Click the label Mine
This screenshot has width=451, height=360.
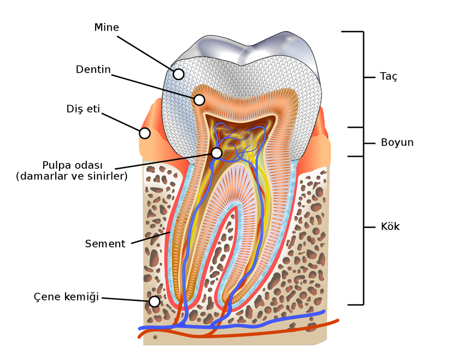[x=107, y=27]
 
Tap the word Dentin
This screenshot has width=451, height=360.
[x=93, y=70]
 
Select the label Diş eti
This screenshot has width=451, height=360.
[x=83, y=109]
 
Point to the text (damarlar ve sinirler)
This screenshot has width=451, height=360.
[x=72, y=176]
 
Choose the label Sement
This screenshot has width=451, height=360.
[x=105, y=244]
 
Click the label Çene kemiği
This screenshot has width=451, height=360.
[x=66, y=297]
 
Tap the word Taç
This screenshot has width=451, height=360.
[x=389, y=76]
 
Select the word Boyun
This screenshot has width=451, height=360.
[x=397, y=143]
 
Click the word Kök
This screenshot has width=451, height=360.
[x=390, y=227]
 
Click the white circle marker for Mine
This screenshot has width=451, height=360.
[x=178, y=74]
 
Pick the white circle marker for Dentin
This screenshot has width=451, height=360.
[x=199, y=100]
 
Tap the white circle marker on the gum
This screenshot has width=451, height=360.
[x=145, y=133]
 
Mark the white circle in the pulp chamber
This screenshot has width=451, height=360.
[x=216, y=153]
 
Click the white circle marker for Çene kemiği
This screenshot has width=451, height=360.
[x=155, y=302]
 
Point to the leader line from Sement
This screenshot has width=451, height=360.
[x=149, y=238]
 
